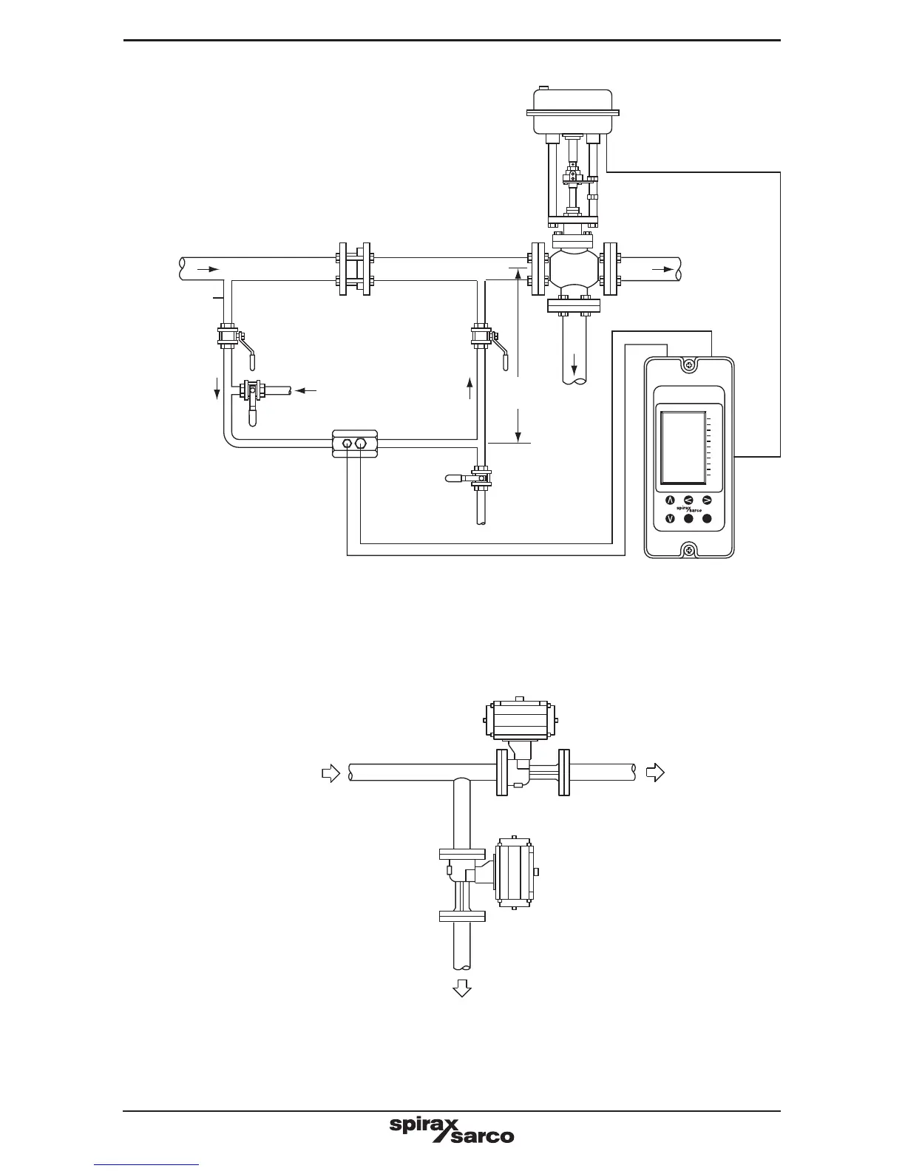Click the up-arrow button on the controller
671,500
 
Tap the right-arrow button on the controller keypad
707,500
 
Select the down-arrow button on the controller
671,519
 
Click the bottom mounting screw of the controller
689,549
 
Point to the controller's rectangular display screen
683,447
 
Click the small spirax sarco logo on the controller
688,509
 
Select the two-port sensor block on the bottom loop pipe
355,444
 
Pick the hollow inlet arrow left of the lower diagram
331,773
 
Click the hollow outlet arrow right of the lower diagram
655,773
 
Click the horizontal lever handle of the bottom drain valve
458,478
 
